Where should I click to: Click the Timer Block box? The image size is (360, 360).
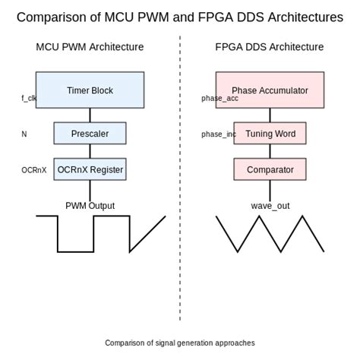(90, 90)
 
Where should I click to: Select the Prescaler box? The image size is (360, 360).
(90, 134)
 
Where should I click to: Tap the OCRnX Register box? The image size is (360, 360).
(90, 169)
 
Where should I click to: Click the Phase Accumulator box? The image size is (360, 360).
(270, 90)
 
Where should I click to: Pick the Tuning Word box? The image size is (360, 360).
(270, 134)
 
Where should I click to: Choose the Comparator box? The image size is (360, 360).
(270, 169)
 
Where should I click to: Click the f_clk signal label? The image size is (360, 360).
(29, 98)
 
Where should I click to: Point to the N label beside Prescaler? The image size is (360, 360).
(24, 134)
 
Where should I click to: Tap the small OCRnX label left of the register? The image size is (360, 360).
(34, 170)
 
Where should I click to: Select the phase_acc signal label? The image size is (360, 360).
(219, 98)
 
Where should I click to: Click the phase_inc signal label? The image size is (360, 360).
(219, 134)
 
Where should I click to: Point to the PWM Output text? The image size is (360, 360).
(90, 206)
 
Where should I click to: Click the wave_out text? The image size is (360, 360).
(270, 206)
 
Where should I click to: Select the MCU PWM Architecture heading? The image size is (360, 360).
(90, 47)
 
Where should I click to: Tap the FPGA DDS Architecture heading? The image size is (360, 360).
(270, 47)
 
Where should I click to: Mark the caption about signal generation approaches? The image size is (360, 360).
(180, 343)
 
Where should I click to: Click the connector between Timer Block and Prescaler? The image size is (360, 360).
(90, 115)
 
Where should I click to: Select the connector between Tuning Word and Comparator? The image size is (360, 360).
(270, 151)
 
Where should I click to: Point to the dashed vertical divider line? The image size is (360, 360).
(180, 178)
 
